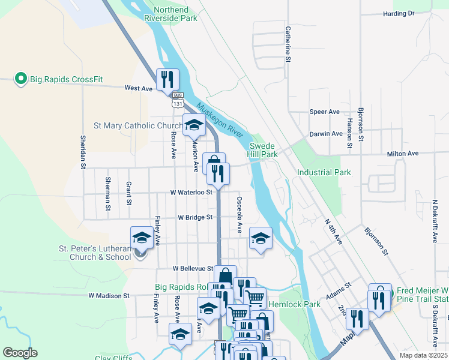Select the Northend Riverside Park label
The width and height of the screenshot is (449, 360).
click(x=170, y=14)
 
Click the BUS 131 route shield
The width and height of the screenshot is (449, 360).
click(x=177, y=100)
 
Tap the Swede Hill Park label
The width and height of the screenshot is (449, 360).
click(x=264, y=150)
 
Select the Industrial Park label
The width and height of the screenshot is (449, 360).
click(x=324, y=173)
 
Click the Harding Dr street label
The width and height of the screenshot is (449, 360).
click(x=399, y=13)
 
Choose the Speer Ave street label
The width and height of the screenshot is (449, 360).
click(x=325, y=112)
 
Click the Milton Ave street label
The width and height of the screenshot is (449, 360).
click(x=403, y=154)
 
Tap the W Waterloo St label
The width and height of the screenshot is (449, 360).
click(x=191, y=193)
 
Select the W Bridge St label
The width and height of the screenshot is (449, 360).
click(x=196, y=217)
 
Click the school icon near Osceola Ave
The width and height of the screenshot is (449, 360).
click(x=261, y=238)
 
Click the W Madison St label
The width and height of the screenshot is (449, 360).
click(x=109, y=296)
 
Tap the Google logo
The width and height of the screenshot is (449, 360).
click(x=20, y=352)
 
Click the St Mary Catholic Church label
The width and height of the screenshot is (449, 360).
click(x=138, y=126)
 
